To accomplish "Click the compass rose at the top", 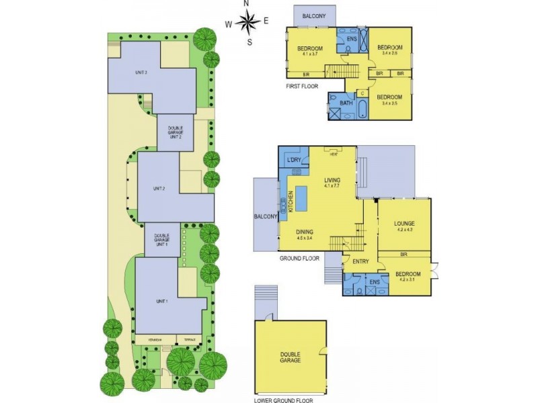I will (247, 24).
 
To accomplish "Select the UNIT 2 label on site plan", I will (159, 188).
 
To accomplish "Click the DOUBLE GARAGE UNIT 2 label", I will (175, 132).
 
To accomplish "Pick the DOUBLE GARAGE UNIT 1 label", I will (161, 239).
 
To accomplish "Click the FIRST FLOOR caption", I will (302, 87).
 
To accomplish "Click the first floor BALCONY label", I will (315, 15).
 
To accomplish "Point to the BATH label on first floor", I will (346, 103).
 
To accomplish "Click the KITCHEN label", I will (291, 201).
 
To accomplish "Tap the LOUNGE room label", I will (403, 224).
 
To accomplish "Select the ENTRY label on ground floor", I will (361, 263).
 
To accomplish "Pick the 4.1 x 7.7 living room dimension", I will (332, 187).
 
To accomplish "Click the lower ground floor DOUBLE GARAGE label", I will (291, 357).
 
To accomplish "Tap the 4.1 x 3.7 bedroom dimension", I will (310, 54).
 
